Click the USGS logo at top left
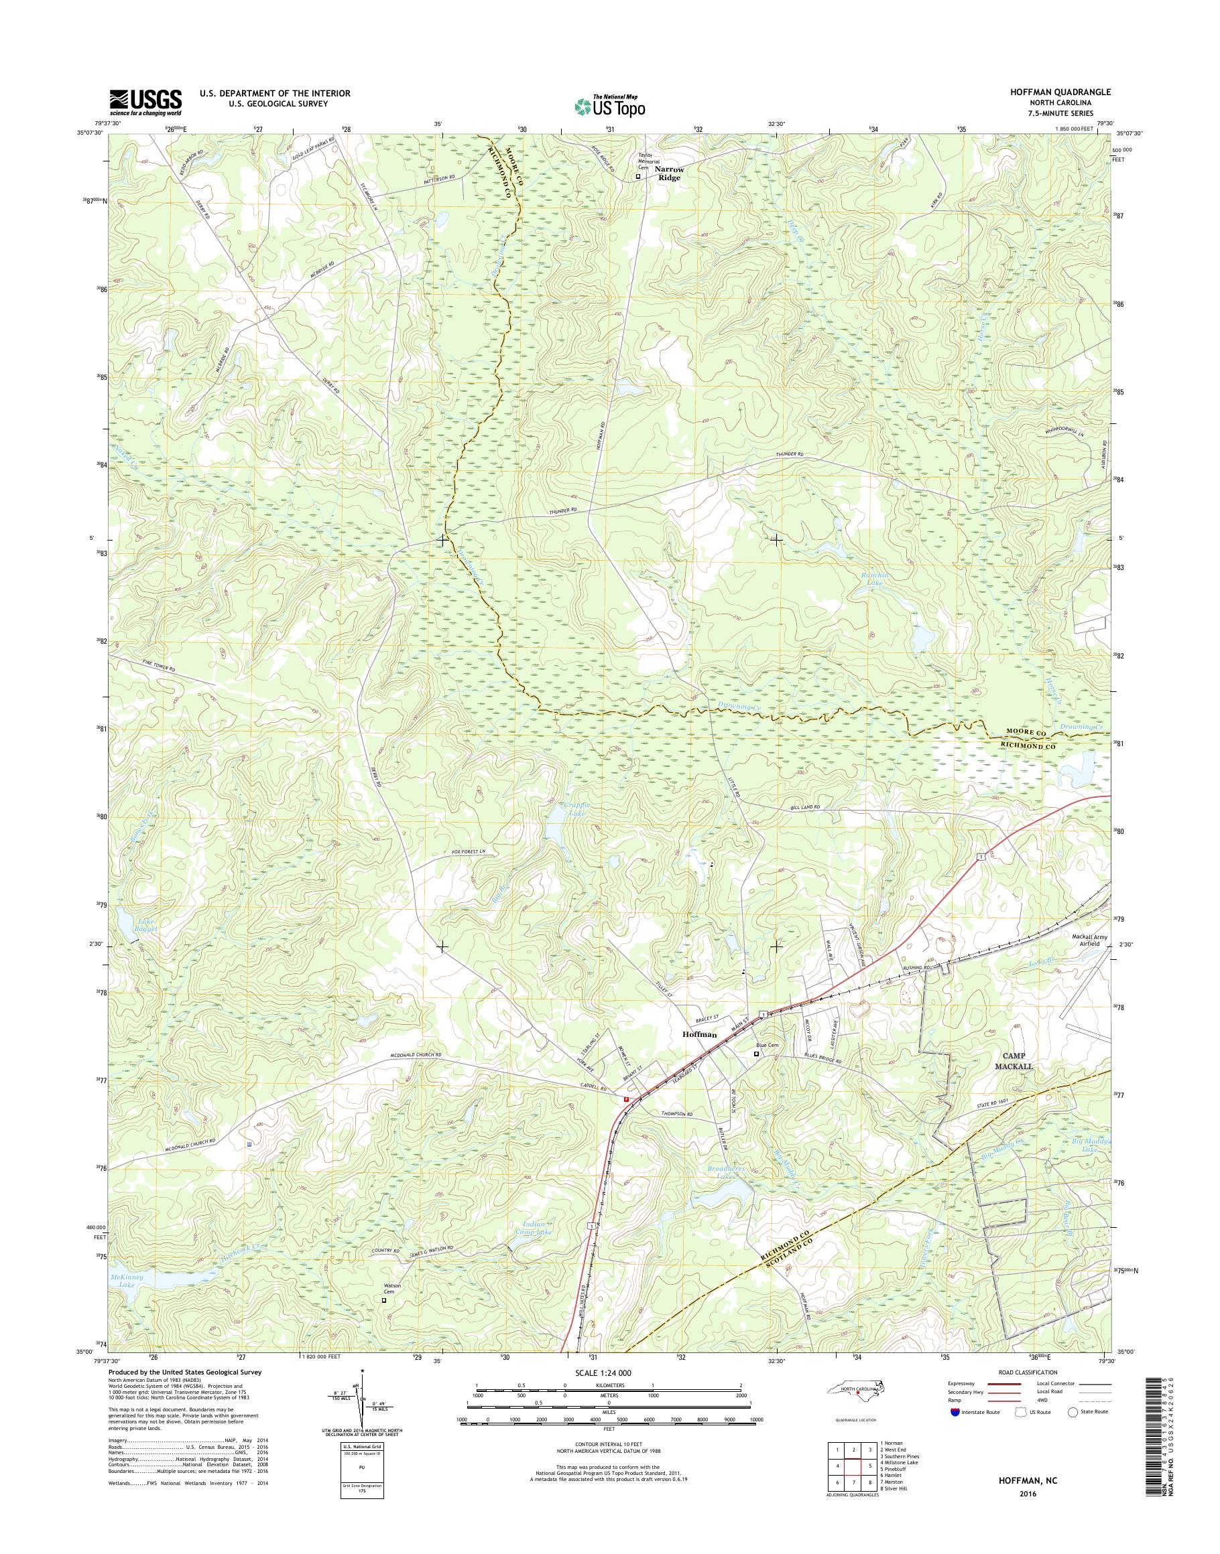[145, 102]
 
